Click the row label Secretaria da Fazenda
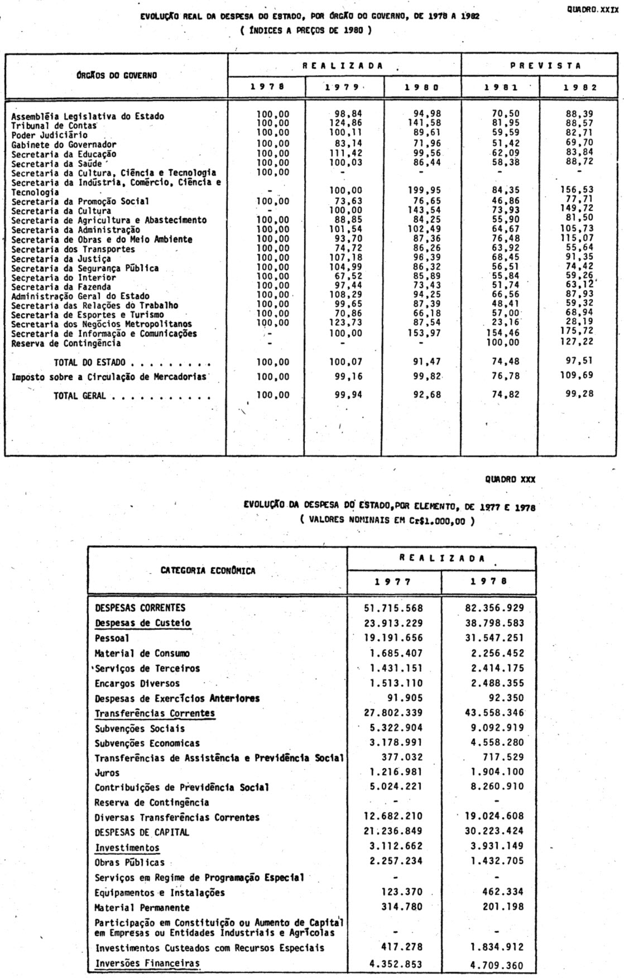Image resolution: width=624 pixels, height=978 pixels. click(56, 286)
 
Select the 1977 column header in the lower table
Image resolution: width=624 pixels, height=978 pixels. click(393, 581)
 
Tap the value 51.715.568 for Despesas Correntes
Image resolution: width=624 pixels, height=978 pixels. click(393, 608)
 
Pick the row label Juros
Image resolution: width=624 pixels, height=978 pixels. click(107, 773)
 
